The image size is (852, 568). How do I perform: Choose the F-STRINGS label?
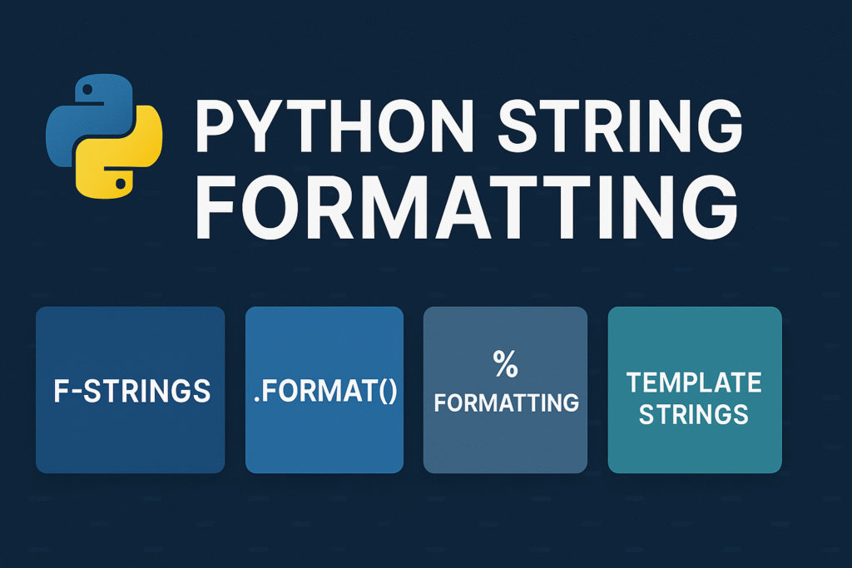point(131,391)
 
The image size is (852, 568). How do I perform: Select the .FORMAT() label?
point(324,390)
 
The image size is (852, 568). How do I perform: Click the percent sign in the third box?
point(505,364)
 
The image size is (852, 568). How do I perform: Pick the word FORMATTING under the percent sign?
point(506,403)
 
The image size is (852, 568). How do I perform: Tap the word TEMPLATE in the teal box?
point(694,383)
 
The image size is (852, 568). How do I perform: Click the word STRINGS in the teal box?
point(694,413)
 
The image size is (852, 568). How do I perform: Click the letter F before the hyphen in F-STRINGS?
point(60,391)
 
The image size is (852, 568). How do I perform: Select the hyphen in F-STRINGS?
point(77,392)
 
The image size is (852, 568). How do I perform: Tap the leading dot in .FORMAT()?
point(257,399)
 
